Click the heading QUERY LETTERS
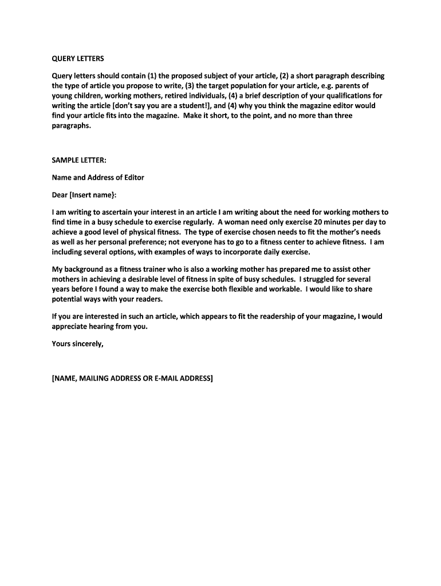[x=78, y=59]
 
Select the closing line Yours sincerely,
[x=78, y=344]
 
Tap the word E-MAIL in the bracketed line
[x=170, y=378]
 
